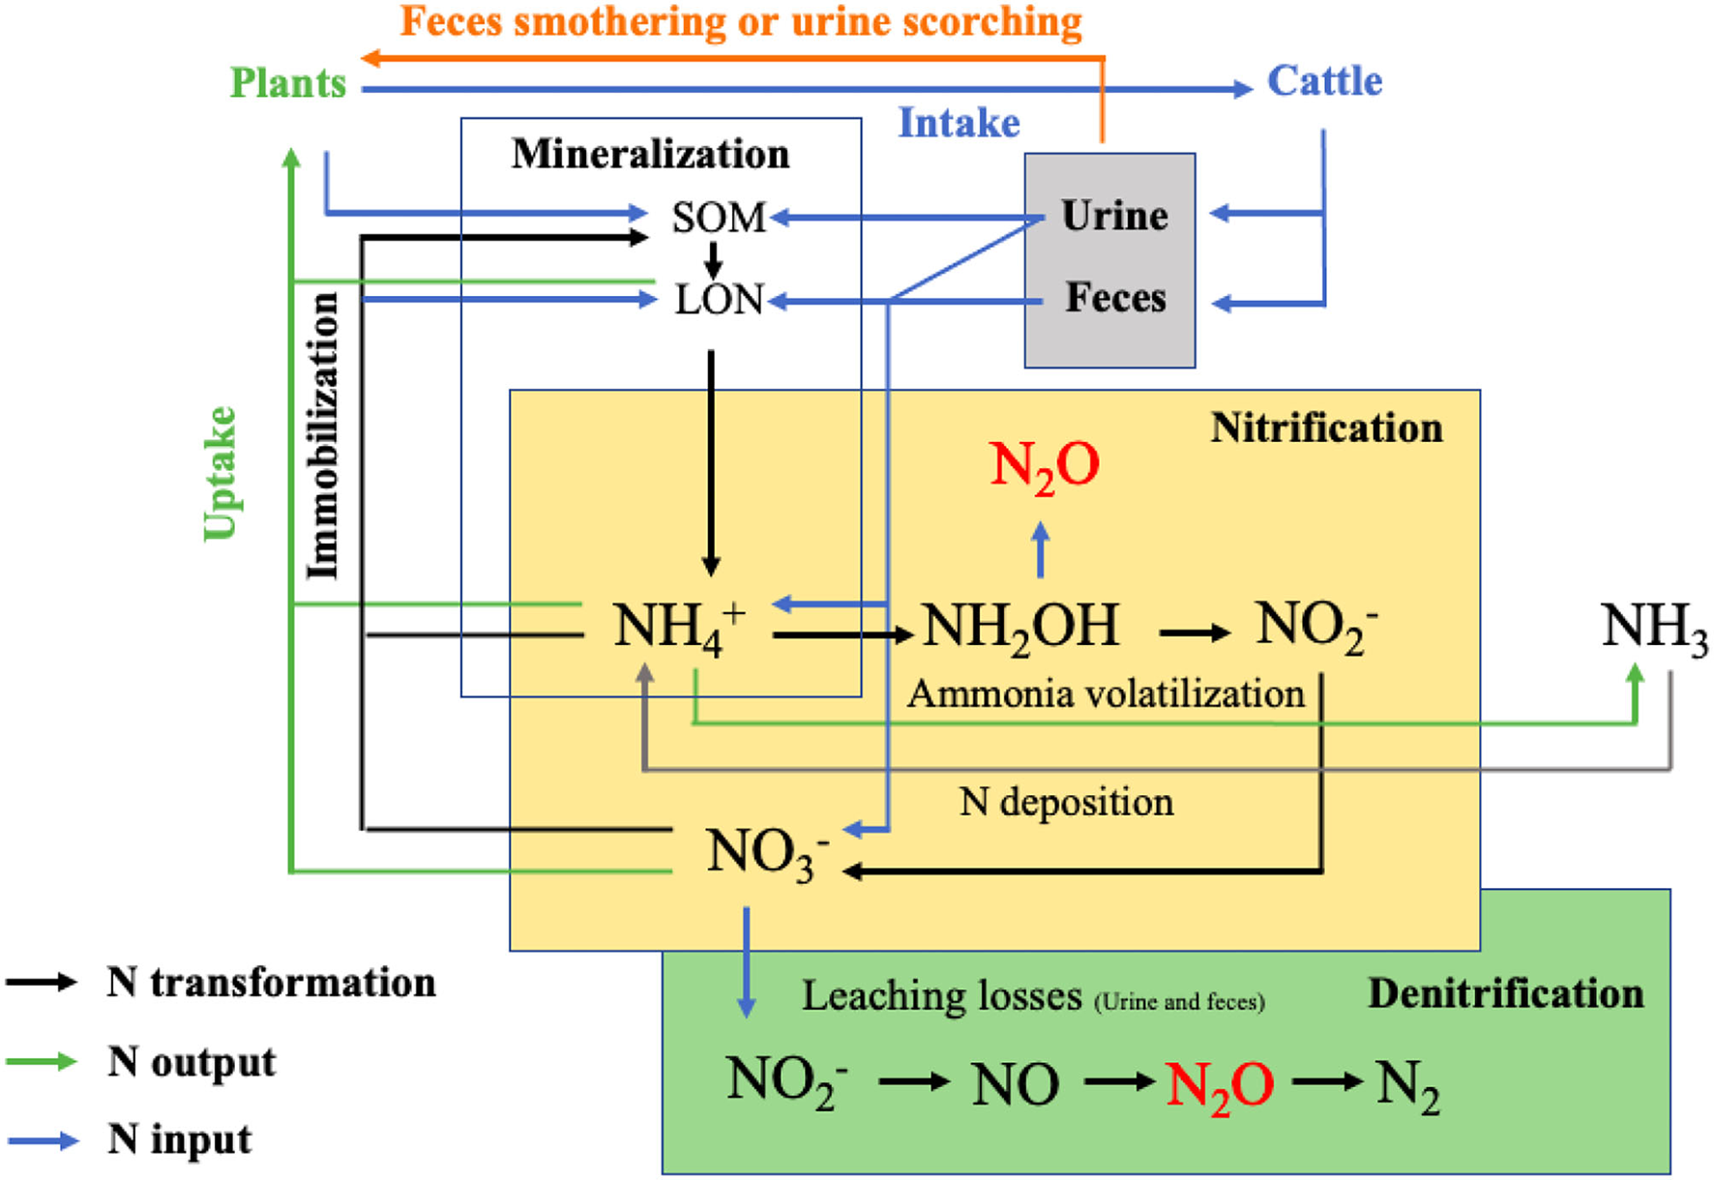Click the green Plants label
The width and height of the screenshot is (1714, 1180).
click(287, 83)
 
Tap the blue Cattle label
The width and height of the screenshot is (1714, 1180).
click(1324, 81)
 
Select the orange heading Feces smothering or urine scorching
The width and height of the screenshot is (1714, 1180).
click(741, 22)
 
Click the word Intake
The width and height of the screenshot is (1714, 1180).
click(959, 123)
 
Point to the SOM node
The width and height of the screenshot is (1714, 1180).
click(719, 218)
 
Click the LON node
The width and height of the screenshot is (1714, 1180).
click(719, 301)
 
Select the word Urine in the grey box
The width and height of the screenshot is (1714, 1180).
click(1114, 216)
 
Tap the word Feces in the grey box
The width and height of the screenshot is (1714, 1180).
click(1115, 298)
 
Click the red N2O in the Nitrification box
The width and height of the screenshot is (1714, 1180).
click(1044, 466)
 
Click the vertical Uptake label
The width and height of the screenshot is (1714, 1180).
click(221, 474)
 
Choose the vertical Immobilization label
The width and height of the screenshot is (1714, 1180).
click(323, 435)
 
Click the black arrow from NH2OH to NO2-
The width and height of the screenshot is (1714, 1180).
click(1194, 634)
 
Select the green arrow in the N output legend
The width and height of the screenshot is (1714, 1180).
click(41, 1061)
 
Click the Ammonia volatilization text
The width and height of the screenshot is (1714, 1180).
click(1105, 694)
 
